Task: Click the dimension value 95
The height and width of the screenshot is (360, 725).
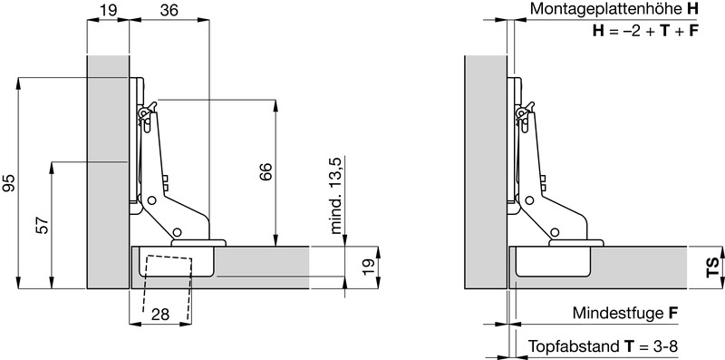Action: point(9,183)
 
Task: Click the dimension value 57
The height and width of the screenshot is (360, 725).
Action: point(43,226)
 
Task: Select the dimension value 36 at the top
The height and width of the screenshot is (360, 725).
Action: point(169,10)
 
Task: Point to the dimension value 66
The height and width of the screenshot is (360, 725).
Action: point(266,172)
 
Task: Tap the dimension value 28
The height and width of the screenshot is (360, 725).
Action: point(160,315)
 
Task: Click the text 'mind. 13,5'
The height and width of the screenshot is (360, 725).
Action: point(335,196)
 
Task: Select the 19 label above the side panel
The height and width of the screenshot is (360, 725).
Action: point(108,10)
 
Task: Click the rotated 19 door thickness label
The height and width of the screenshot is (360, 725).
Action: point(369,268)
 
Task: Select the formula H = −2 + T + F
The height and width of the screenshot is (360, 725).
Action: point(645,31)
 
